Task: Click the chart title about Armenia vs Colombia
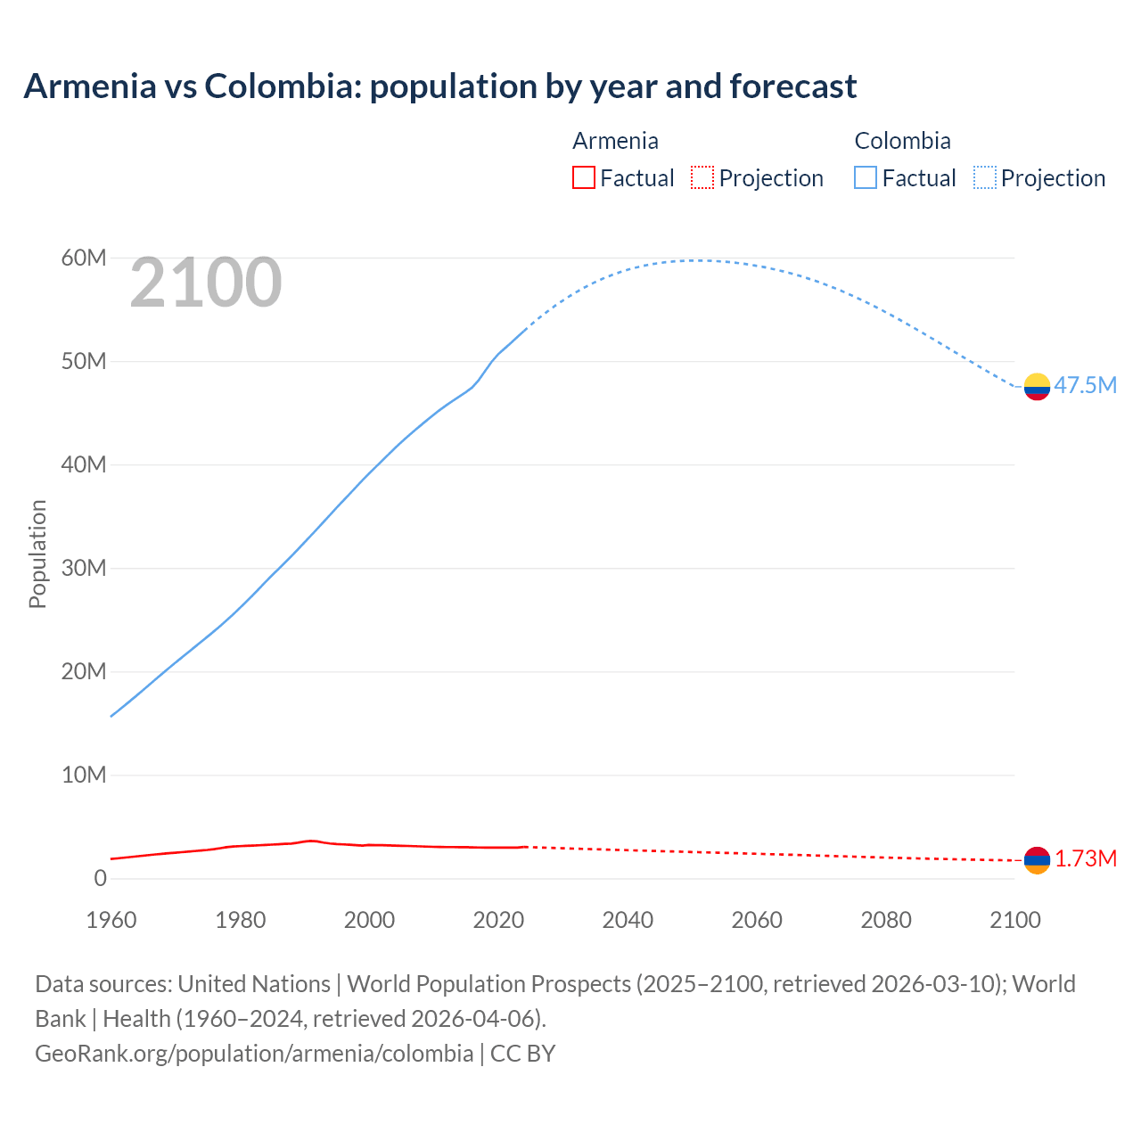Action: (x=439, y=86)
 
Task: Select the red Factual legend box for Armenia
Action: (x=583, y=177)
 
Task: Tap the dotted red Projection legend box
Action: (x=702, y=177)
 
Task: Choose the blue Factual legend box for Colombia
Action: (x=865, y=177)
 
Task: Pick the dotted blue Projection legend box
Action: (x=985, y=177)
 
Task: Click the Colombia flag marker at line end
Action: (x=1037, y=387)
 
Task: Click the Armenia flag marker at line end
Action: (x=1037, y=860)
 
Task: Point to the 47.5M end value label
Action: (x=1085, y=385)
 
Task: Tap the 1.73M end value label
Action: (x=1086, y=858)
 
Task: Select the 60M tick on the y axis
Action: (x=84, y=258)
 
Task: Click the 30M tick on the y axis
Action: (x=84, y=568)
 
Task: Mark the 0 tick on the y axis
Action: (x=100, y=878)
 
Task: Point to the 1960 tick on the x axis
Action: (x=111, y=920)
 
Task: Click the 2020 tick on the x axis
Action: (x=498, y=920)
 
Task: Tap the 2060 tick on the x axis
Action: (x=757, y=920)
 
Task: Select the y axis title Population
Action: (x=37, y=554)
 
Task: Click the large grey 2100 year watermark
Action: (x=206, y=283)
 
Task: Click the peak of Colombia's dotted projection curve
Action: (x=700, y=260)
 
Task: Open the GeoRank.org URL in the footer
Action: (x=254, y=1053)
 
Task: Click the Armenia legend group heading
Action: (x=615, y=141)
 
